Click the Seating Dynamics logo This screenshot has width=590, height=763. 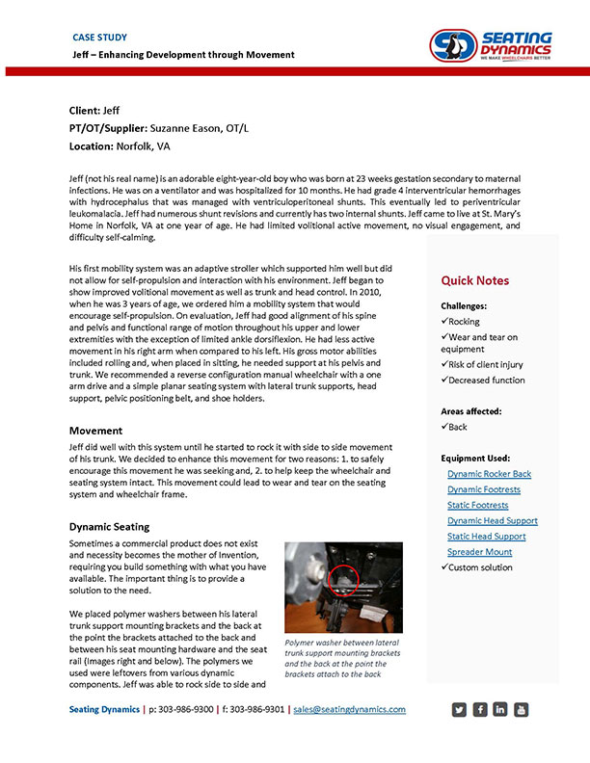tap(491, 44)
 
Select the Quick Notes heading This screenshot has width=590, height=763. tap(475, 280)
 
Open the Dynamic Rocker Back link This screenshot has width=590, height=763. tap(489, 474)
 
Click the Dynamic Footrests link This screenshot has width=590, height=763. tap(484, 489)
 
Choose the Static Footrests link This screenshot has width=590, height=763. tap(478, 505)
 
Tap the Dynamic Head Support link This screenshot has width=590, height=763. tap(492, 520)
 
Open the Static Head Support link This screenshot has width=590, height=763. tap(486, 536)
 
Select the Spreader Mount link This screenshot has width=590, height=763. tap(479, 552)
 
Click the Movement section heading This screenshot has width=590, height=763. tap(95, 431)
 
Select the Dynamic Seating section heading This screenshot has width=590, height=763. tap(109, 527)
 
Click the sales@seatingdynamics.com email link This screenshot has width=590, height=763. tap(349, 709)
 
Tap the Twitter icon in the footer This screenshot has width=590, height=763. tap(459, 710)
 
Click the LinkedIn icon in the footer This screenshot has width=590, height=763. tap(500, 710)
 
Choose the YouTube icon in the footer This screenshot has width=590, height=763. tap(522, 710)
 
